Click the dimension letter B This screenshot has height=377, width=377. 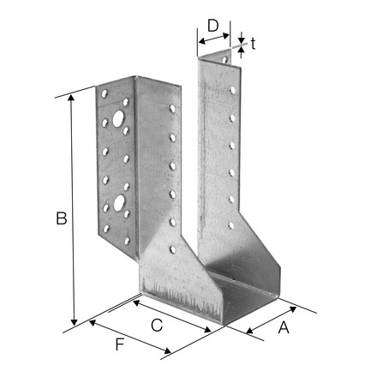[62, 218]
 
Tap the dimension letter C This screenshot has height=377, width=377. [157, 325]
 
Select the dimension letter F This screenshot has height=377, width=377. [120, 344]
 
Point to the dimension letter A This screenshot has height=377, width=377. [284, 326]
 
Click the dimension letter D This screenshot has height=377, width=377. [213, 25]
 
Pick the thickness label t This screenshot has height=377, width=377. [253, 44]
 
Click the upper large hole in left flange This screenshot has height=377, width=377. [118, 119]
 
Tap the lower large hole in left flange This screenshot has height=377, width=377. [119, 203]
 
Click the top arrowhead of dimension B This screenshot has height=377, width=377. [71, 98]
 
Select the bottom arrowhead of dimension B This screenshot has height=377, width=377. [74, 322]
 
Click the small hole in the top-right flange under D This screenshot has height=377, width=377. [224, 60]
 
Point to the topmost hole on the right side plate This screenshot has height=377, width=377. [233, 90]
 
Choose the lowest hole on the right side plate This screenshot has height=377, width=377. [231, 225]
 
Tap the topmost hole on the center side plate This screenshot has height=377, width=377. [172, 109]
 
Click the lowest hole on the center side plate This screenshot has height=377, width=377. [173, 249]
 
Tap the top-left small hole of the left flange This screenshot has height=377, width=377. [105, 93]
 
